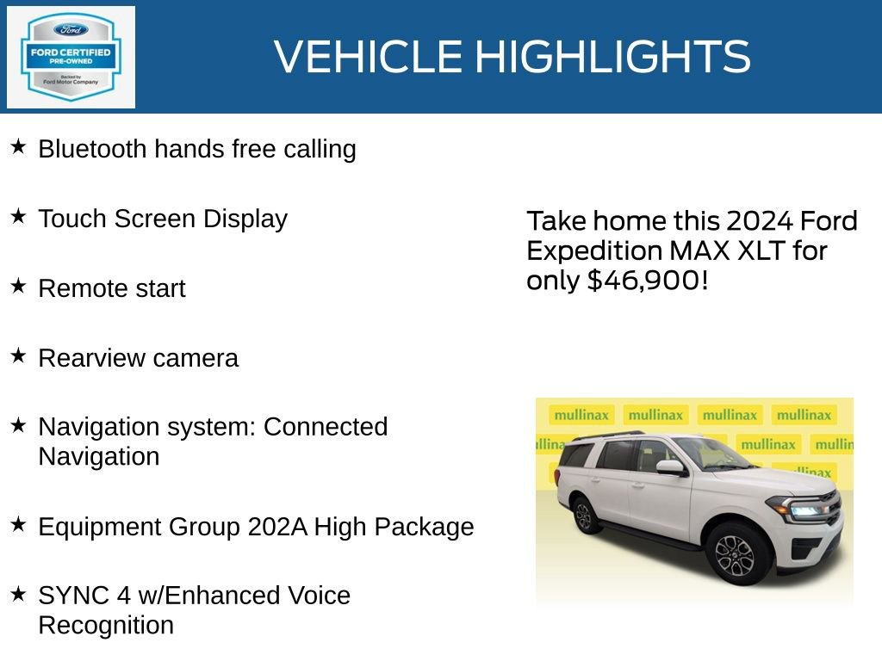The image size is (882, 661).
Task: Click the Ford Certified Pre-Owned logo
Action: pos(71,58)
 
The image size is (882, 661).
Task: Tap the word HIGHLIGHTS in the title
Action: pos(612,57)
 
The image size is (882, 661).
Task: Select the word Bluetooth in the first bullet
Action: pos(92,149)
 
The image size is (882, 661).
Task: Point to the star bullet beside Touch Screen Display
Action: pos(18,217)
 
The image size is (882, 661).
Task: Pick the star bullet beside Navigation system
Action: pos(18,425)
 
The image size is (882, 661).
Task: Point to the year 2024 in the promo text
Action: pos(759,221)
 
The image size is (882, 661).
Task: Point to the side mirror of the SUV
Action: pos(669,467)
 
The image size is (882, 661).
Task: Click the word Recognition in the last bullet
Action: pos(106,625)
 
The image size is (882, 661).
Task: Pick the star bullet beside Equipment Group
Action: pos(18,525)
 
